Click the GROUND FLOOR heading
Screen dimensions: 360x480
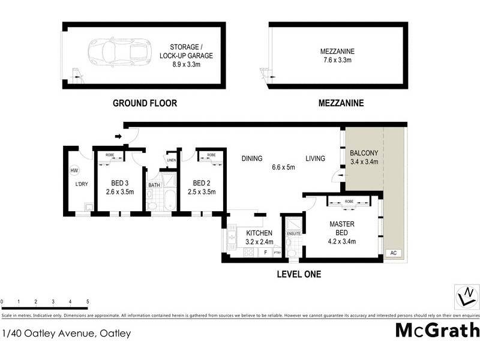[x=145, y=103]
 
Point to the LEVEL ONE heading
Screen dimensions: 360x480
[x=299, y=275]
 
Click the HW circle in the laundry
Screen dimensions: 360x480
[x=74, y=170]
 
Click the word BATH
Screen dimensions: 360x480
[x=154, y=185]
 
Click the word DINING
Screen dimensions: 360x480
[x=252, y=159]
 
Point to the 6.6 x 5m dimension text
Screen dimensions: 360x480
[x=284, y=167]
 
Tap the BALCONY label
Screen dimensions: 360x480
[x=363, y=152]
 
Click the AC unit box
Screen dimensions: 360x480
[x=394, y=254]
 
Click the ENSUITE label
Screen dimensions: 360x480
[x=293, y=233]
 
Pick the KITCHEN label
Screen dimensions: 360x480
[x=259, y=233]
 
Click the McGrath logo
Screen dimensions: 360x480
[x=437, y=330]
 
